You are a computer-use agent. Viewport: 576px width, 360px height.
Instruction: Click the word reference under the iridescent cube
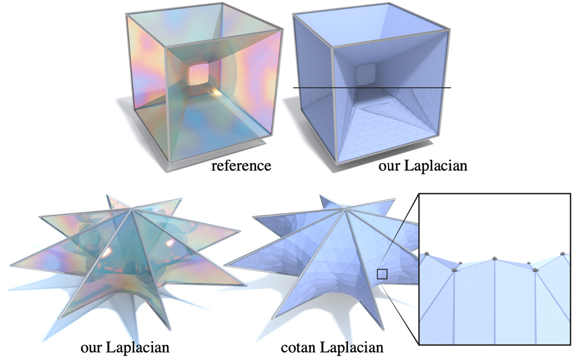pyautogui.click(x=241, y=166)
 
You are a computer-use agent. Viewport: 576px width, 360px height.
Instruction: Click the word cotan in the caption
pyautogui.click(x=298, y=348)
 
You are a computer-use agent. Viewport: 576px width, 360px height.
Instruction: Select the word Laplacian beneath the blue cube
pyautogui.click(x=436, y=166)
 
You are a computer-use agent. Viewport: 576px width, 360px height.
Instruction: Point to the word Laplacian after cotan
pyautogui.click(x=351, y=347)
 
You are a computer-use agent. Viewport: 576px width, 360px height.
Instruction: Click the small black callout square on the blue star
pyautogui.click(x=382, y=274)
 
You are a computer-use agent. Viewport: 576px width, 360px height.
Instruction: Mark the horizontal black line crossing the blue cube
pyautogui.click(x=372, y=88)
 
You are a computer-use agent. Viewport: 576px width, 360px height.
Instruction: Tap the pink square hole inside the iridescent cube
pyautogui.click(x=199, y=74)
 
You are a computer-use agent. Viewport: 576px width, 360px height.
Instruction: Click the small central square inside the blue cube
pyautogui.click(x=366, y=74)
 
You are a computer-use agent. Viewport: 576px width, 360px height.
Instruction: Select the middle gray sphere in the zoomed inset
pyautogui.click(x=494, y=259)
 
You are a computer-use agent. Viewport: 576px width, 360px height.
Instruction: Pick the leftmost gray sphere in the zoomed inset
pyautogui.click(x=427, y=254)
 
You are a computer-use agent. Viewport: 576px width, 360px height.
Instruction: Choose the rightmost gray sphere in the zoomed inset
pyautogui.click(x=563, y=254)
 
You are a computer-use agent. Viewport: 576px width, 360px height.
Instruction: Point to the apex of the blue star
pyautogui.click(x=345, y=209)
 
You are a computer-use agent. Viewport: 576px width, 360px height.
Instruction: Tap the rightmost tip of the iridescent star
pyautogui.click(x=246, y=285)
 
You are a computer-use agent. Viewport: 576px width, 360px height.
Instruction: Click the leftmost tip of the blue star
pyautogui.click(x=225, y=265)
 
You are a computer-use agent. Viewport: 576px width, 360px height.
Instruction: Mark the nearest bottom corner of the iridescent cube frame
pyautogui.click(x=169, y=163)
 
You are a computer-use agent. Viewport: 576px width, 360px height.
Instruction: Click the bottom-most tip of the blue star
pyautogui.click(x=383, y=329)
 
